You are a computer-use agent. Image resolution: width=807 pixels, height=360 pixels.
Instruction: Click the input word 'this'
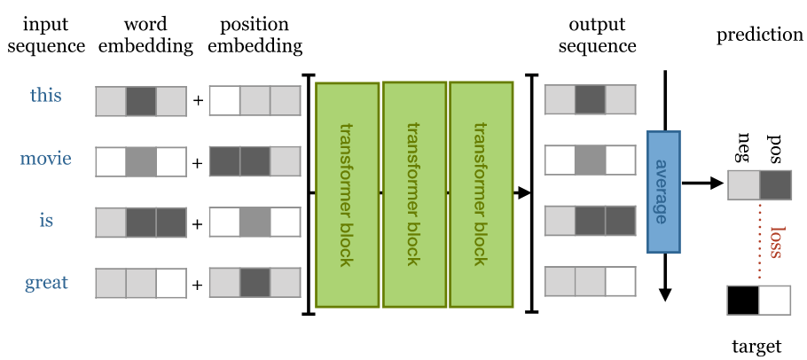coord(45,95)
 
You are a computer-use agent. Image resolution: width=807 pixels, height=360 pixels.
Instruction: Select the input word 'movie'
coord(45,160)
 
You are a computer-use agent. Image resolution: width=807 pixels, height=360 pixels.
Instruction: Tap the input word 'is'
coord(45,220)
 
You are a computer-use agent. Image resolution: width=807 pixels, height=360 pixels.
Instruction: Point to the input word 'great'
coord(45,283)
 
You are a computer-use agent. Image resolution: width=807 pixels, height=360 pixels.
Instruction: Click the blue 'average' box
coord(663,192)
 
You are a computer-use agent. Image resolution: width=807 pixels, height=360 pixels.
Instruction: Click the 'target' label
coord(756,347)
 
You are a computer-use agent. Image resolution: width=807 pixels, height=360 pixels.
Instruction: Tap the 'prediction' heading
coord(759,35)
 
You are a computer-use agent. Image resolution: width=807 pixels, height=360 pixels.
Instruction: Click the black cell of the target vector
coord(742,301)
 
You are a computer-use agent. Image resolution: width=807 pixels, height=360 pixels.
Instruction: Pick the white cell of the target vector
coord(774,301)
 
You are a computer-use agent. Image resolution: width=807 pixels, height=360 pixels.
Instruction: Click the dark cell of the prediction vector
coord(774,184)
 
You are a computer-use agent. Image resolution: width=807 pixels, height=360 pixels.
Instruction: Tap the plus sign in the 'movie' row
coord(197,162)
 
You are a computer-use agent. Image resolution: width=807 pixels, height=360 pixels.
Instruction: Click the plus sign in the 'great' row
coord(197,286)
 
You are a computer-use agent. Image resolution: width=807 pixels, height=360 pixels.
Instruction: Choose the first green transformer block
coord(347,194)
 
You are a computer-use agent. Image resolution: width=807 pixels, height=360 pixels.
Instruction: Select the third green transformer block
coord(481,194)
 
